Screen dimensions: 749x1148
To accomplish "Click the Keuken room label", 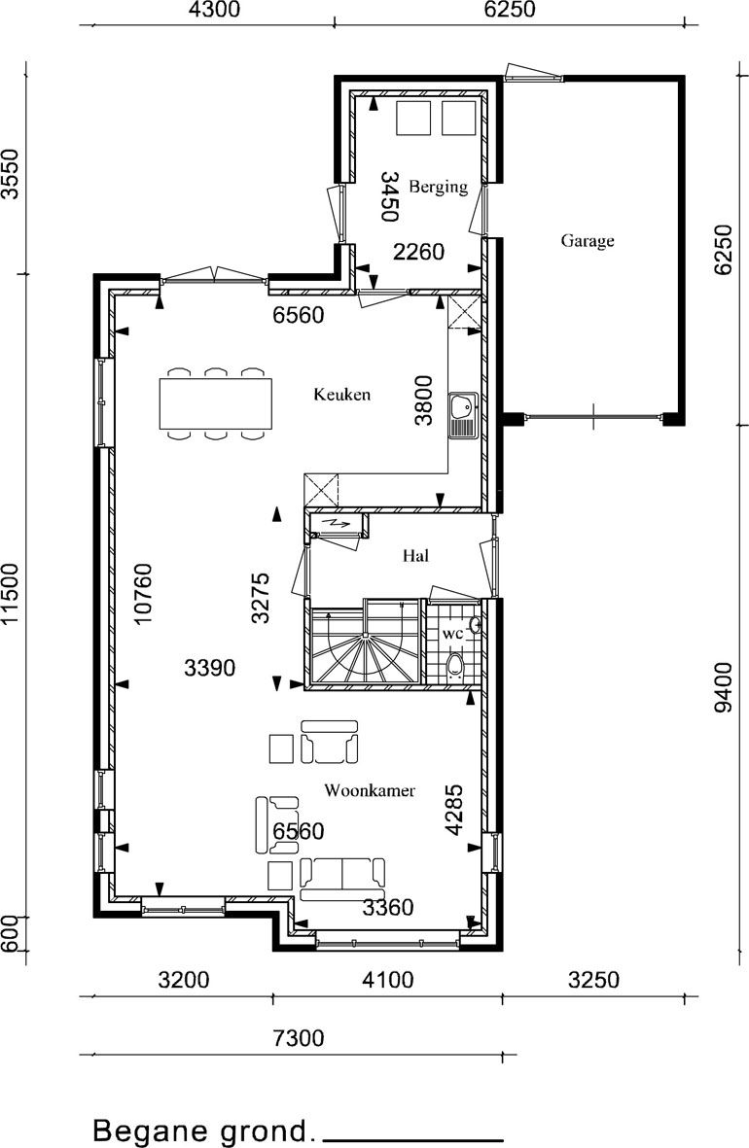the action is [341, 395].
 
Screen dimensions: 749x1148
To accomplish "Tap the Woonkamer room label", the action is [370, 790].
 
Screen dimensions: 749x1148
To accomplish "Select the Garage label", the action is [587, 241].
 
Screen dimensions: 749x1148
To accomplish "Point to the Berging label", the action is [439, 187].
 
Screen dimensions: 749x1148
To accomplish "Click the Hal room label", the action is [415, 556].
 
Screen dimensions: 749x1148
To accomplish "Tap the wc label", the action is [453, 634].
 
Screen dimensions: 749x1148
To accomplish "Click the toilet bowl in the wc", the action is [455, 667].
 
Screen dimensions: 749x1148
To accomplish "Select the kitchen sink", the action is [463, 415].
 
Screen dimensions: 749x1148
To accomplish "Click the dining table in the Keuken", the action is [216, 403].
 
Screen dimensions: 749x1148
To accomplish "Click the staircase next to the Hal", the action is [366, 643].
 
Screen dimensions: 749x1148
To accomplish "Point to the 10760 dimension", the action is [143, 594].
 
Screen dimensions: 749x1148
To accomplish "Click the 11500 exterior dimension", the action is [10, 596].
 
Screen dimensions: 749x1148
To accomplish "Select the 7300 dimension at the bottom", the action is [299, 1037].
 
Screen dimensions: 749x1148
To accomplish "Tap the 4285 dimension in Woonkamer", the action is [454, 810].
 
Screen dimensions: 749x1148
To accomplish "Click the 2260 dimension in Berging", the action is [418, 252].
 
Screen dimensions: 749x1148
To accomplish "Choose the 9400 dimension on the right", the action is [723, 686].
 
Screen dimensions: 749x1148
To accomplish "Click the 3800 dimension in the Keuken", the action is [423, 400].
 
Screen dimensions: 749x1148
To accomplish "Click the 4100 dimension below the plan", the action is [388, 980].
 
